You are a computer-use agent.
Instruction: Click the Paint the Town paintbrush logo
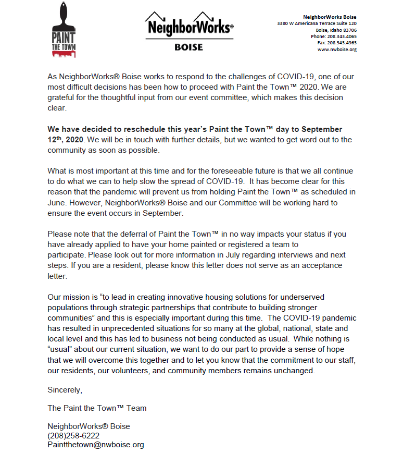coord(63,28)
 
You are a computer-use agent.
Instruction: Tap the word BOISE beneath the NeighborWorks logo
coord(188,47)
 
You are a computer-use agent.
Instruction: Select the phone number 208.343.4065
coord(342,36)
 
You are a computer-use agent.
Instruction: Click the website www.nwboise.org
coord(337,50)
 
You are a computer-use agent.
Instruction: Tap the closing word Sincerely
coord(65,389)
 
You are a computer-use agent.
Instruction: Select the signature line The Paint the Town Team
coord(97,408)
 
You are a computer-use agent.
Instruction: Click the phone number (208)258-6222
coord(73,435)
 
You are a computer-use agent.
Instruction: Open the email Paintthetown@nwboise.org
coord(95,445)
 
